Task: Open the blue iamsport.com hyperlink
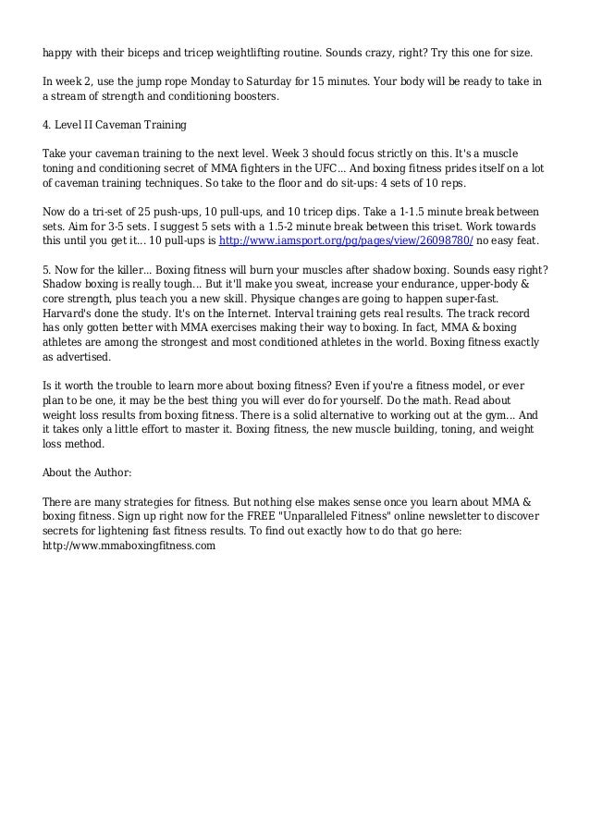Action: tap(346, 239)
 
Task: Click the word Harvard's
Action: tap(68, 314)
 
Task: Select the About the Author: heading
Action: tap(87, 473)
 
